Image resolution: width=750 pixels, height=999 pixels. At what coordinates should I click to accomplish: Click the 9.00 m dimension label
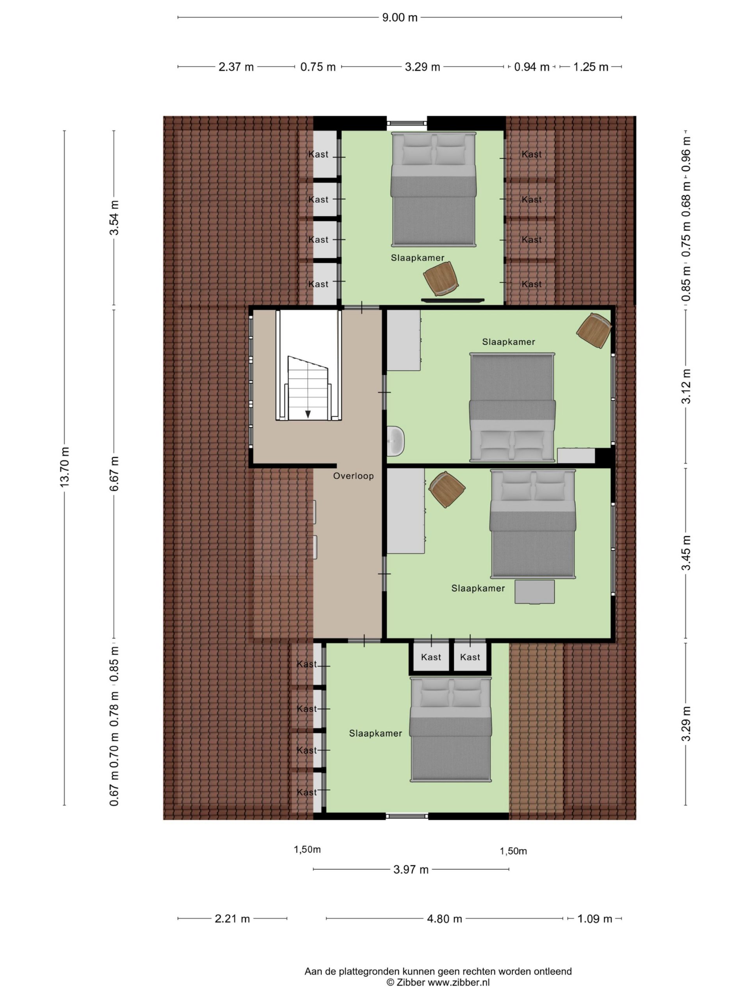(400, 18)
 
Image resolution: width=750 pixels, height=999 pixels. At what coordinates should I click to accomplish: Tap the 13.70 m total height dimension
(64, 467)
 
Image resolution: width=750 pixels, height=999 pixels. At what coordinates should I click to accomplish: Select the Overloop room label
(354, 476)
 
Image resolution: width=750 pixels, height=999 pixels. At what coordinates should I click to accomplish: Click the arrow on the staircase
(308, 413)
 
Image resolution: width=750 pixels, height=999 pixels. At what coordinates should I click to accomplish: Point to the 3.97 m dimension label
(411, 869)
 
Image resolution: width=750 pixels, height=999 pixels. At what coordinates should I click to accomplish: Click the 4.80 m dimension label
(445, 919)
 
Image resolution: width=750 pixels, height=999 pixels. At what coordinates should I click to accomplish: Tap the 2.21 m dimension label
(232, 919)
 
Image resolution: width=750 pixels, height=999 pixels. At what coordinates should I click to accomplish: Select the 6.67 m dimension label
(114, 473)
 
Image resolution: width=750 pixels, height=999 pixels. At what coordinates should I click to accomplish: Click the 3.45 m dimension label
(686, 553)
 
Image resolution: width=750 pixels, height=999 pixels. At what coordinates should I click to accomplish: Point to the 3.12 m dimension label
(686, 387)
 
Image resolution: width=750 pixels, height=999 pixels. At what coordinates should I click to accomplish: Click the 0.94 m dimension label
(532, 67)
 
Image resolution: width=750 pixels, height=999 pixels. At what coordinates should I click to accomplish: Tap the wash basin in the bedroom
(396, 441)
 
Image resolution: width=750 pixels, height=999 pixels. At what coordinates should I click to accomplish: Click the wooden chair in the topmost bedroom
(441, 279)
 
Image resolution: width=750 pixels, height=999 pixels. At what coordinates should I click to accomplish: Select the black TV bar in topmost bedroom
(452, 300)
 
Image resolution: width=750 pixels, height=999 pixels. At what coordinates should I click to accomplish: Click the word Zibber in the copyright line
(411, 982)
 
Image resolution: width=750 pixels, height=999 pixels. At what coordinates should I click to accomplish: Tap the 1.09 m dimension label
(595, 919)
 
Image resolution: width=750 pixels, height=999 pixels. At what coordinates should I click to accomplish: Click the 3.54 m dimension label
(114, 218)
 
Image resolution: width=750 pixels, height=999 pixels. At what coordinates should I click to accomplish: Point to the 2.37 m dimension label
(236, 67)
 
